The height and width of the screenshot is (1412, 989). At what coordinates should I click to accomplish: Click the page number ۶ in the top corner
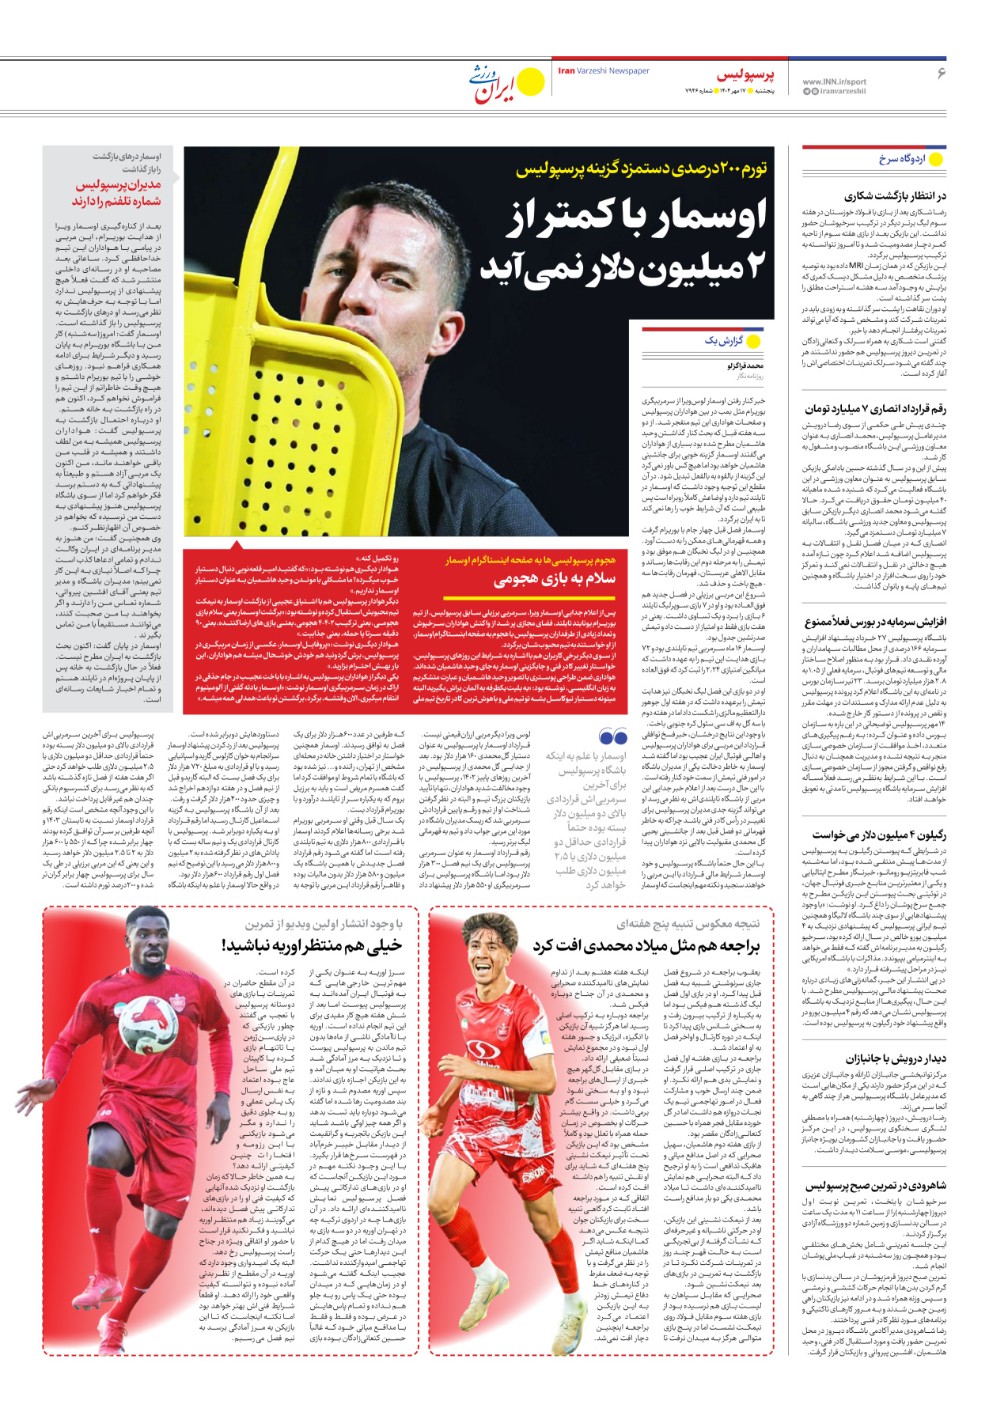941,73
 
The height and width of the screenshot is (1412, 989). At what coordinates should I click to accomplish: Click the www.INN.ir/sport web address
834,81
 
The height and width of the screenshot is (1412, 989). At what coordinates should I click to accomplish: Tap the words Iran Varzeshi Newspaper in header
604,71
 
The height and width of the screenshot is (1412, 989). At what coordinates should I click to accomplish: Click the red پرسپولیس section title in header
745,75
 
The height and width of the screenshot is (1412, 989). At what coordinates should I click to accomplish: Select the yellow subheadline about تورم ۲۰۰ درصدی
641,168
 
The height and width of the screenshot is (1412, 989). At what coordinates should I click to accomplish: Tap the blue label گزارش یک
724,341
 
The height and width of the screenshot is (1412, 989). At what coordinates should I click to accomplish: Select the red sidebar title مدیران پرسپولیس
118,185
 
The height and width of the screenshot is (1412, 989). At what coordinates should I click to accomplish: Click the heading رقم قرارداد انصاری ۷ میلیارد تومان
875,409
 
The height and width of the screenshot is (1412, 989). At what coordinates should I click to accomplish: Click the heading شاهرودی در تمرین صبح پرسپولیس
875,1186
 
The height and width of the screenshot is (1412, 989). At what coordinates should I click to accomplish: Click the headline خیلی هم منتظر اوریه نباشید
312,945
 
